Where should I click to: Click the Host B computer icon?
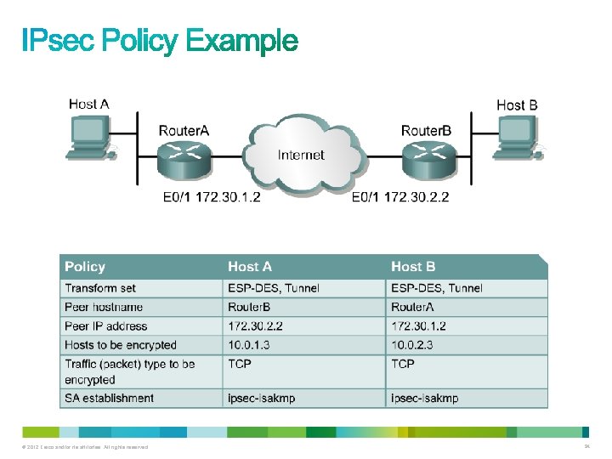tap(518, 138)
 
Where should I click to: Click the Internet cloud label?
tap(301, 155)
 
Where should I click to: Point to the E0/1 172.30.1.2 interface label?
tap(212, 198)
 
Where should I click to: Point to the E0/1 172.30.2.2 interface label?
tap(400, 198)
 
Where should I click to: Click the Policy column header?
tap(85, 267)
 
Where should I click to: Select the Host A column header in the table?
tap(250, 267)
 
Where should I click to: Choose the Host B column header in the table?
tap(413, 267)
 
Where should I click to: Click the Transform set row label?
tap(100, 288)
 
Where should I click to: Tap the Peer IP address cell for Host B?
tap(418, 326)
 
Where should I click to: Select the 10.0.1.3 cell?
tap(248, 345)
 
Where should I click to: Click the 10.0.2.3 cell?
tap(412, 345)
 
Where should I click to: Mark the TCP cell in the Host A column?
tap(240, 364)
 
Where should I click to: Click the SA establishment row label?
tap(109, 398)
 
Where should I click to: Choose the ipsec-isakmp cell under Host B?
tap(424, 398)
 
